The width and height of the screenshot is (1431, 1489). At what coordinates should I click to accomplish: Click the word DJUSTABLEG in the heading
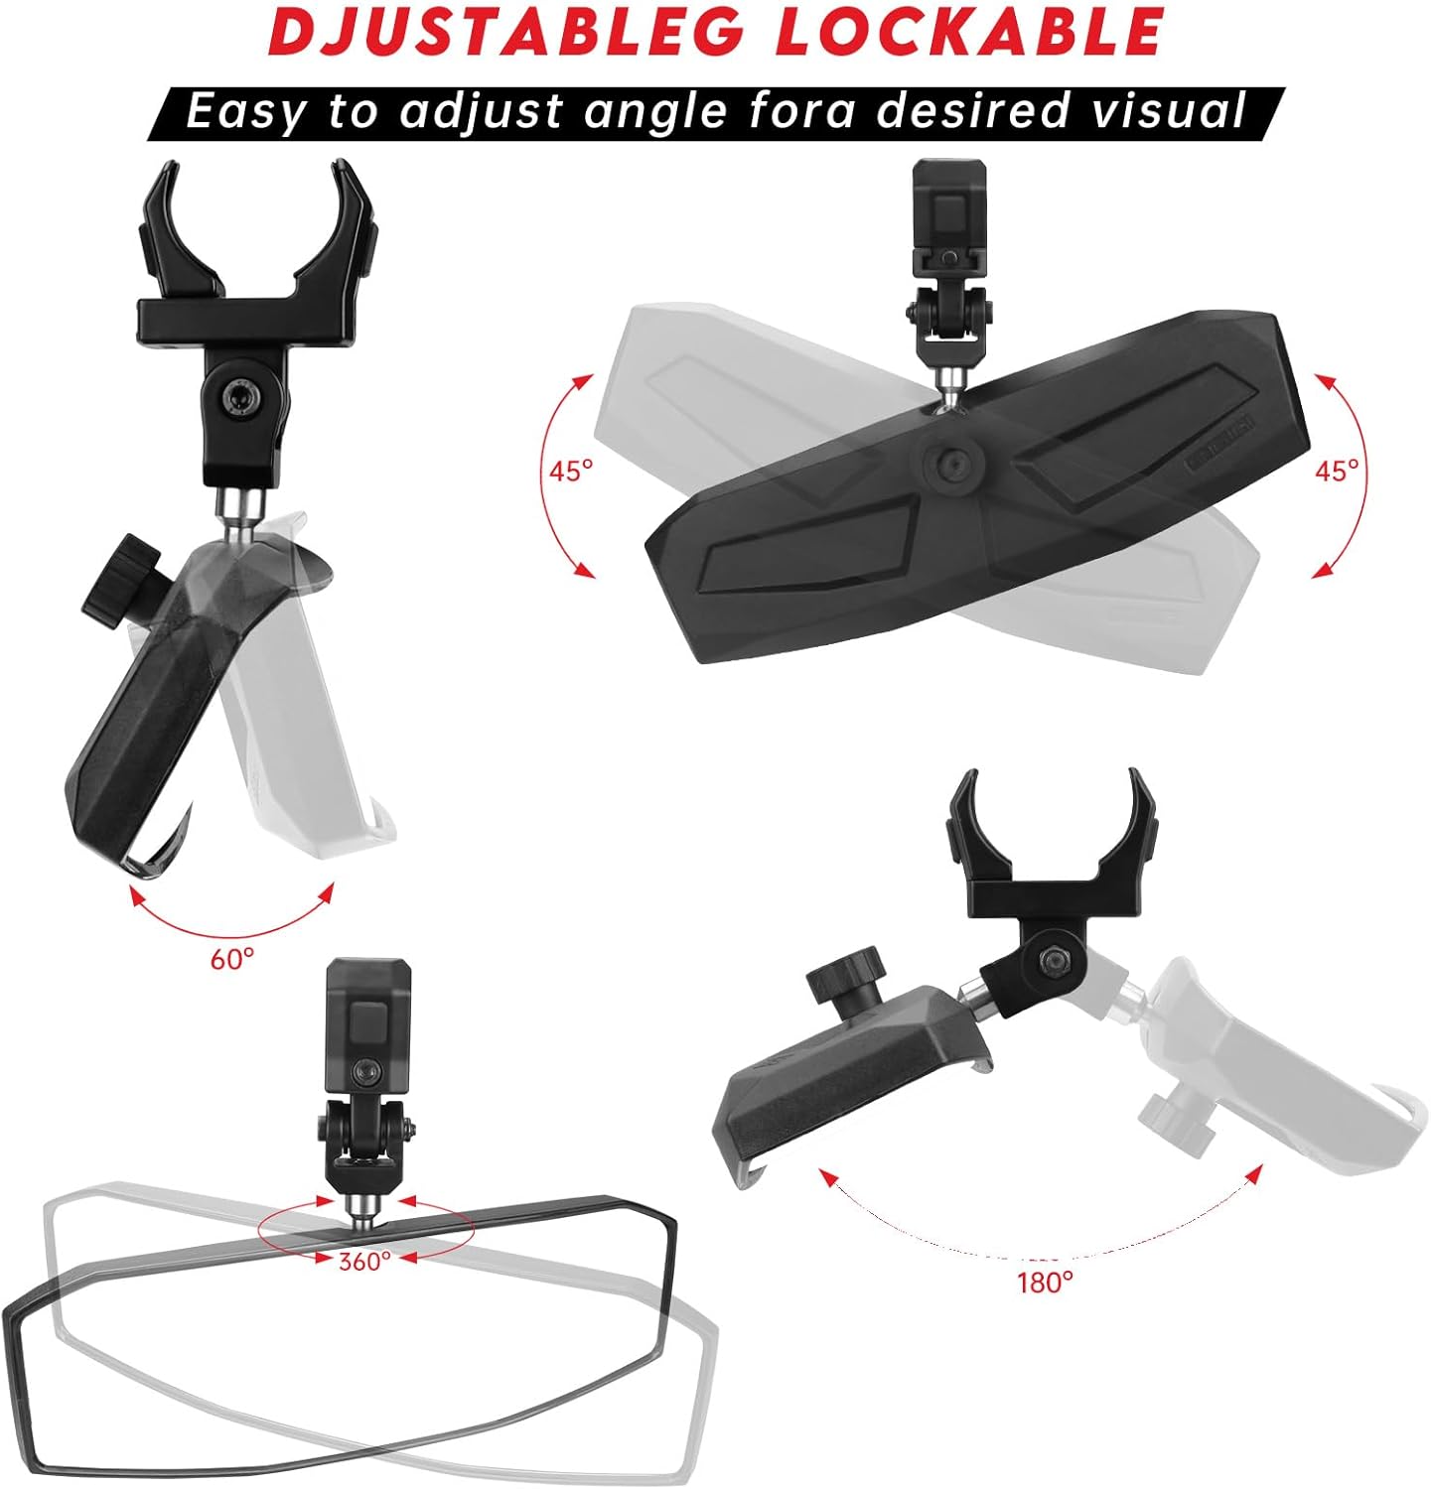coord(505,33)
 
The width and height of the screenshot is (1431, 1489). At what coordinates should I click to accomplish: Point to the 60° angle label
coord(232,959)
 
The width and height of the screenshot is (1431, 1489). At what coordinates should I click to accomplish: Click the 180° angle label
coord(1045,1283)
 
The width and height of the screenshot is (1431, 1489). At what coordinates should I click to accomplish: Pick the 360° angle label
coord(364,1261)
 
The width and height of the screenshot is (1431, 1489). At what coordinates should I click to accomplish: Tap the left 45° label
coord(571,471)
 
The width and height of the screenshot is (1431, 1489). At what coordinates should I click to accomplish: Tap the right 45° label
coord(1337,471)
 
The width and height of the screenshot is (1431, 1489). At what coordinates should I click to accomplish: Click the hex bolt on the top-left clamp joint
coord(239,398)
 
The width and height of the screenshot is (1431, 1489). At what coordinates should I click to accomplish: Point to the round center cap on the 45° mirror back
coord(952,461)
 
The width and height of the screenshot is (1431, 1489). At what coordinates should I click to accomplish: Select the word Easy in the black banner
coord(245,110)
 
